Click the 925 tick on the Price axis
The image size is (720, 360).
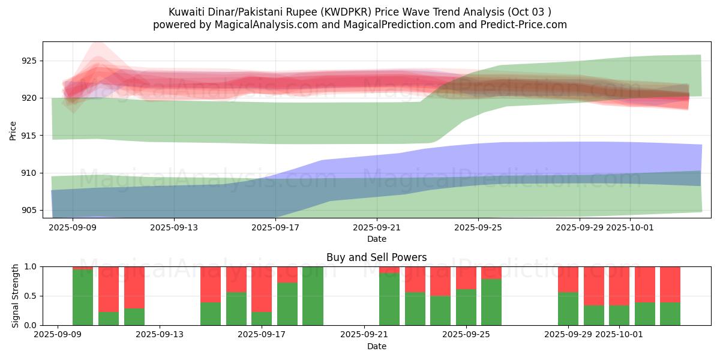(x=29, y=61)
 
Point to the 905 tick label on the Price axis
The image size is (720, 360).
(x=29, y=210)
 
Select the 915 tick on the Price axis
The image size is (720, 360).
(x=29, y=136)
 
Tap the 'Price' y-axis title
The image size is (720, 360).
(x=13, y=130)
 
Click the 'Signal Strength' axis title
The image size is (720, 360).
(x=16, y=296)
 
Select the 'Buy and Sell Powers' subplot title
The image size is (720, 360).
(x=376, y=257)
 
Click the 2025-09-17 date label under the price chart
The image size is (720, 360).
(x=275, y=228)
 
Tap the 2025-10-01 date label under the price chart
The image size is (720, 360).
(x=630, y=228)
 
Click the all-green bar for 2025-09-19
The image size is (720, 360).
(x=313, y=296)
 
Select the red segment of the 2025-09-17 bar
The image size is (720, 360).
(x=262, y=289)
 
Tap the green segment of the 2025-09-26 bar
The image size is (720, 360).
(x=491, y=302)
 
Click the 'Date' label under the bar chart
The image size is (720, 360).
(x=376, y=346)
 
